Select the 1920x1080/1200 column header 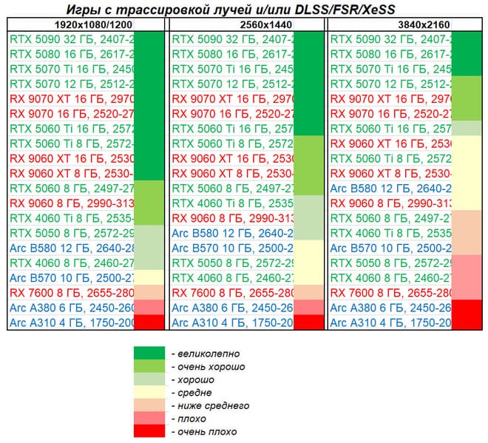coord(87,24)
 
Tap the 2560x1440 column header coord(246,24)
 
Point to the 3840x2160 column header coord(405,24)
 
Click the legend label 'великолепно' coord(198,353)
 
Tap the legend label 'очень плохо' coord(198,432)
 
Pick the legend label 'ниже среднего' coord(209,405)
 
